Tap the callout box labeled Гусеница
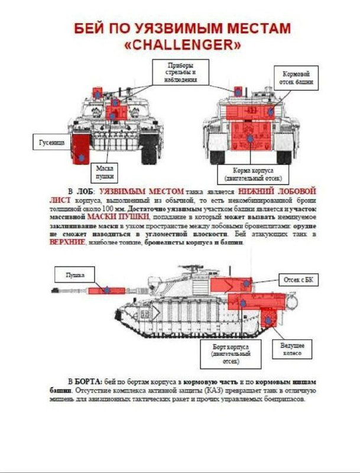(48, 142)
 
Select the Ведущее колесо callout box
(292, 348)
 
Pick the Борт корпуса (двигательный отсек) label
(231, 354)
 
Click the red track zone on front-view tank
(80, 148)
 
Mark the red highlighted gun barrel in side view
(107, 290)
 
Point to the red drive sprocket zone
(269, 320)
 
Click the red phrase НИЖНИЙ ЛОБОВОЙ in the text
(277, 192)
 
